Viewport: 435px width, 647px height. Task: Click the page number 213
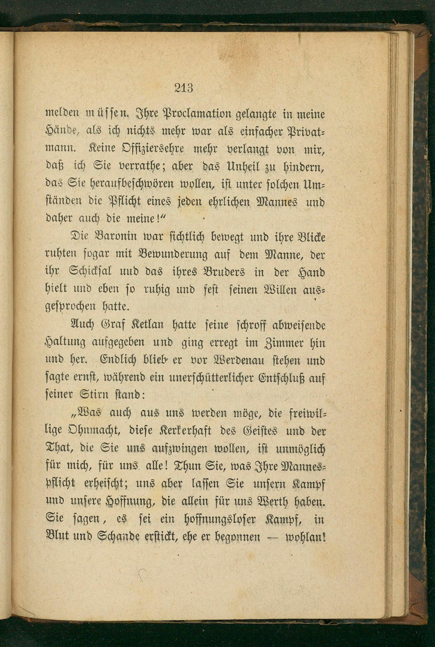pyautogui.click(x=184, y=88)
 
